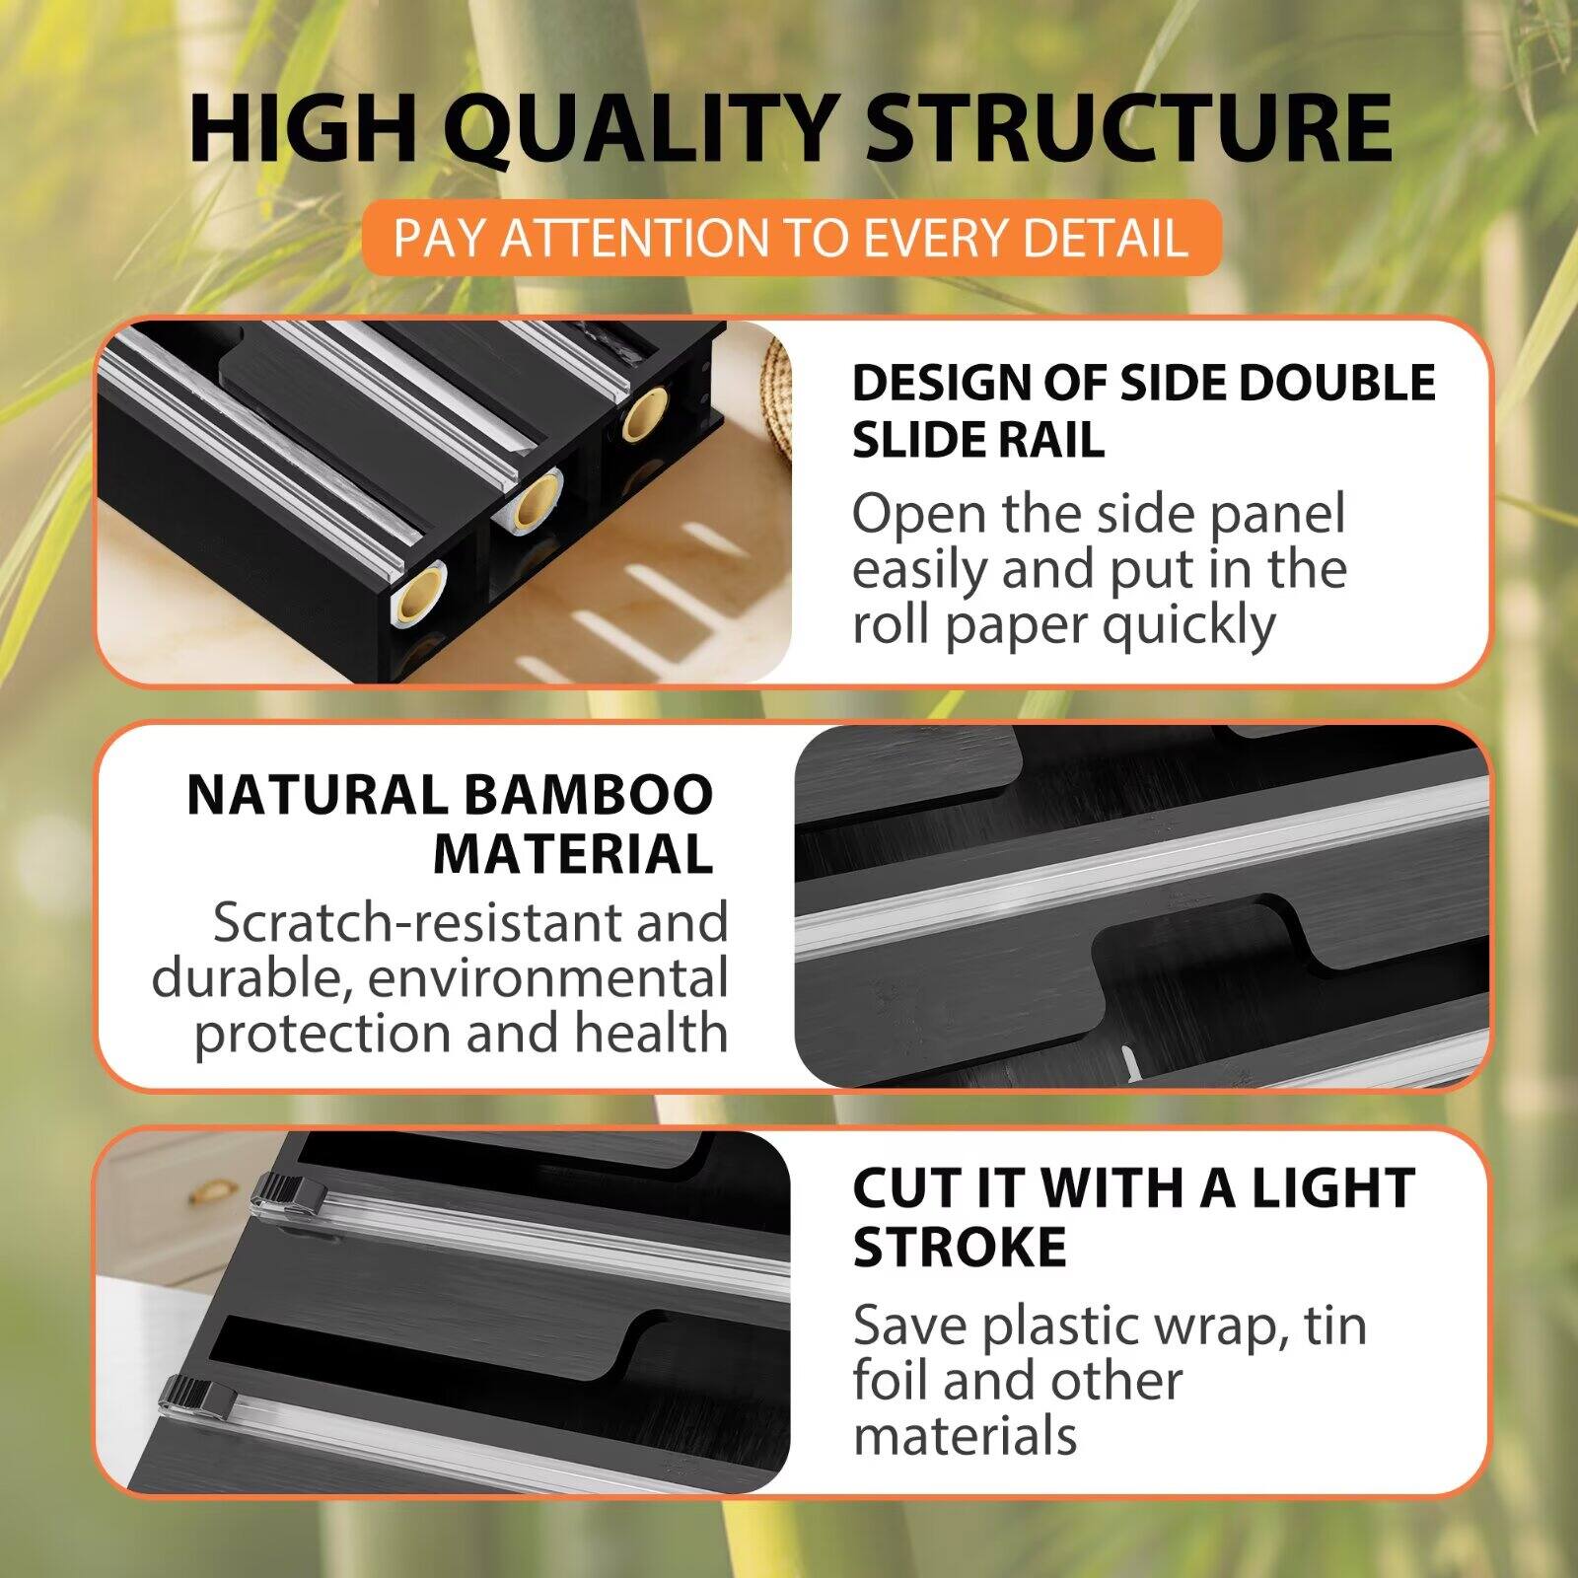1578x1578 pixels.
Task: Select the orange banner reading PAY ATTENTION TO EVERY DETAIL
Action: (x=790, y=238)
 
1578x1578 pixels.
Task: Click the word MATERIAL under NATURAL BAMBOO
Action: (x=573, y=854)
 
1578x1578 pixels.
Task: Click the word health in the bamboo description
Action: (x=651, y=1034)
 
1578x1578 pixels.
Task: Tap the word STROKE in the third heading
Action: (x=959, y=1247)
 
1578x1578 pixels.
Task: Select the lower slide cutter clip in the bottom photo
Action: (x=201, y=1395)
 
